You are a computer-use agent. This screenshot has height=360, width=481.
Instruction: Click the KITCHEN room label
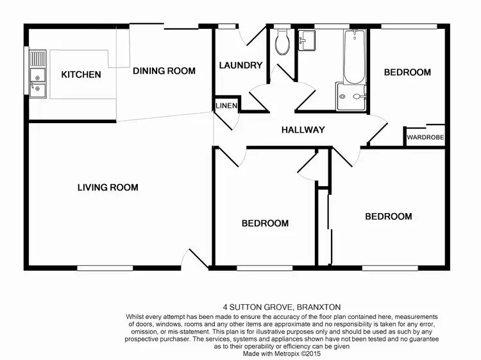[x=81, y=75]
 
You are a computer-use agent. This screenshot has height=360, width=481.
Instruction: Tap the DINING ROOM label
[x=164, y=71]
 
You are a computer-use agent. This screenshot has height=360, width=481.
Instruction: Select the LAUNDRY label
[x=240, y=65]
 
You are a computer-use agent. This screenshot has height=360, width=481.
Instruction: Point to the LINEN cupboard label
[x=226, y=106]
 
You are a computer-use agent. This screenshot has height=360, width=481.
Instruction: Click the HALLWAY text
[x=303, y=130]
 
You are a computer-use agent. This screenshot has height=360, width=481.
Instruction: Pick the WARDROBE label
[x=425, y=137]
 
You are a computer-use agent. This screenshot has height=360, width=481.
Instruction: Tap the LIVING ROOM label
[x=108, y=188]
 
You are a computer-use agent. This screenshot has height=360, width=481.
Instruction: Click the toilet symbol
[x=282, y=44]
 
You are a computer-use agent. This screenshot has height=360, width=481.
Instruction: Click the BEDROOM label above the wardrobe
[x=407, y=73]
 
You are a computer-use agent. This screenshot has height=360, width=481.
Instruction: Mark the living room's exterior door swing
[x=192, y=259]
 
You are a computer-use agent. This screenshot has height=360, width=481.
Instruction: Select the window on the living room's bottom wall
[x=105, y=267]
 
